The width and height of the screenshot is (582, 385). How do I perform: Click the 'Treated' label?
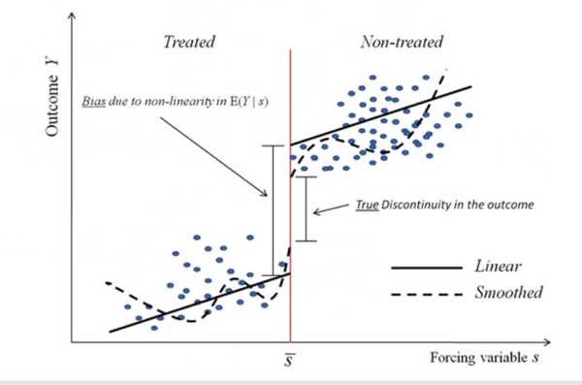[x=189, y=43]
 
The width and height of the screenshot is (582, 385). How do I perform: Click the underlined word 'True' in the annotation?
[x=369, y=207]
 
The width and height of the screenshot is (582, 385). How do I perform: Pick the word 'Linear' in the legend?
[x=501, y=264]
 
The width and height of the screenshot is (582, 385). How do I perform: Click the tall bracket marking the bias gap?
[x=274, y=209]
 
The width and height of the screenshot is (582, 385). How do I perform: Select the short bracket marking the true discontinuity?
[x=306, y=209]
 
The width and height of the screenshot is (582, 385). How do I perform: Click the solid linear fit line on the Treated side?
[x=194, y=304]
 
